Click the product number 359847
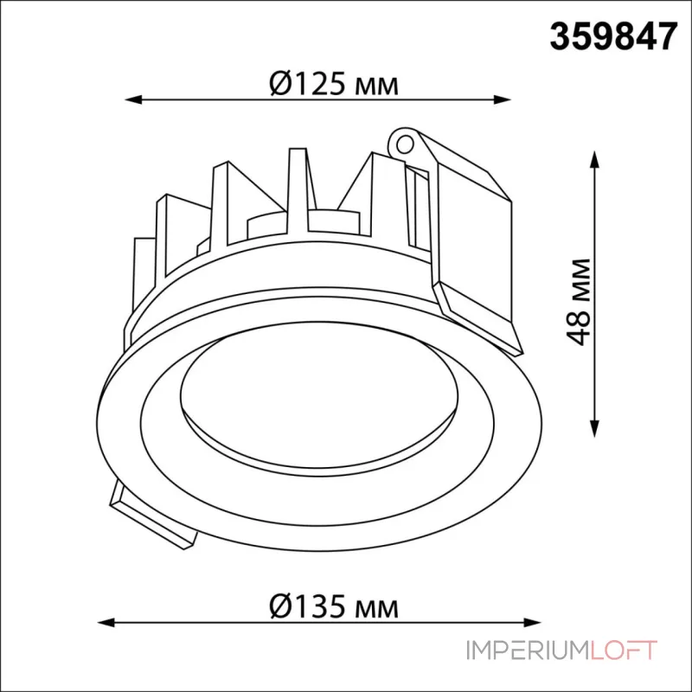[613, 37]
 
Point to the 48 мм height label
[578, 302]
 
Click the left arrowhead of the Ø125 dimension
[133, 99]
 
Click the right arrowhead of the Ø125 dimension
[503, 99]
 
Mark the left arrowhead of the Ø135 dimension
[106, 623]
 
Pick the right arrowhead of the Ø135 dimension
[532, 623]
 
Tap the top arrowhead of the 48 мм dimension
[595, 159]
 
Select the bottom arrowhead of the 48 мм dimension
[595, 428]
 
